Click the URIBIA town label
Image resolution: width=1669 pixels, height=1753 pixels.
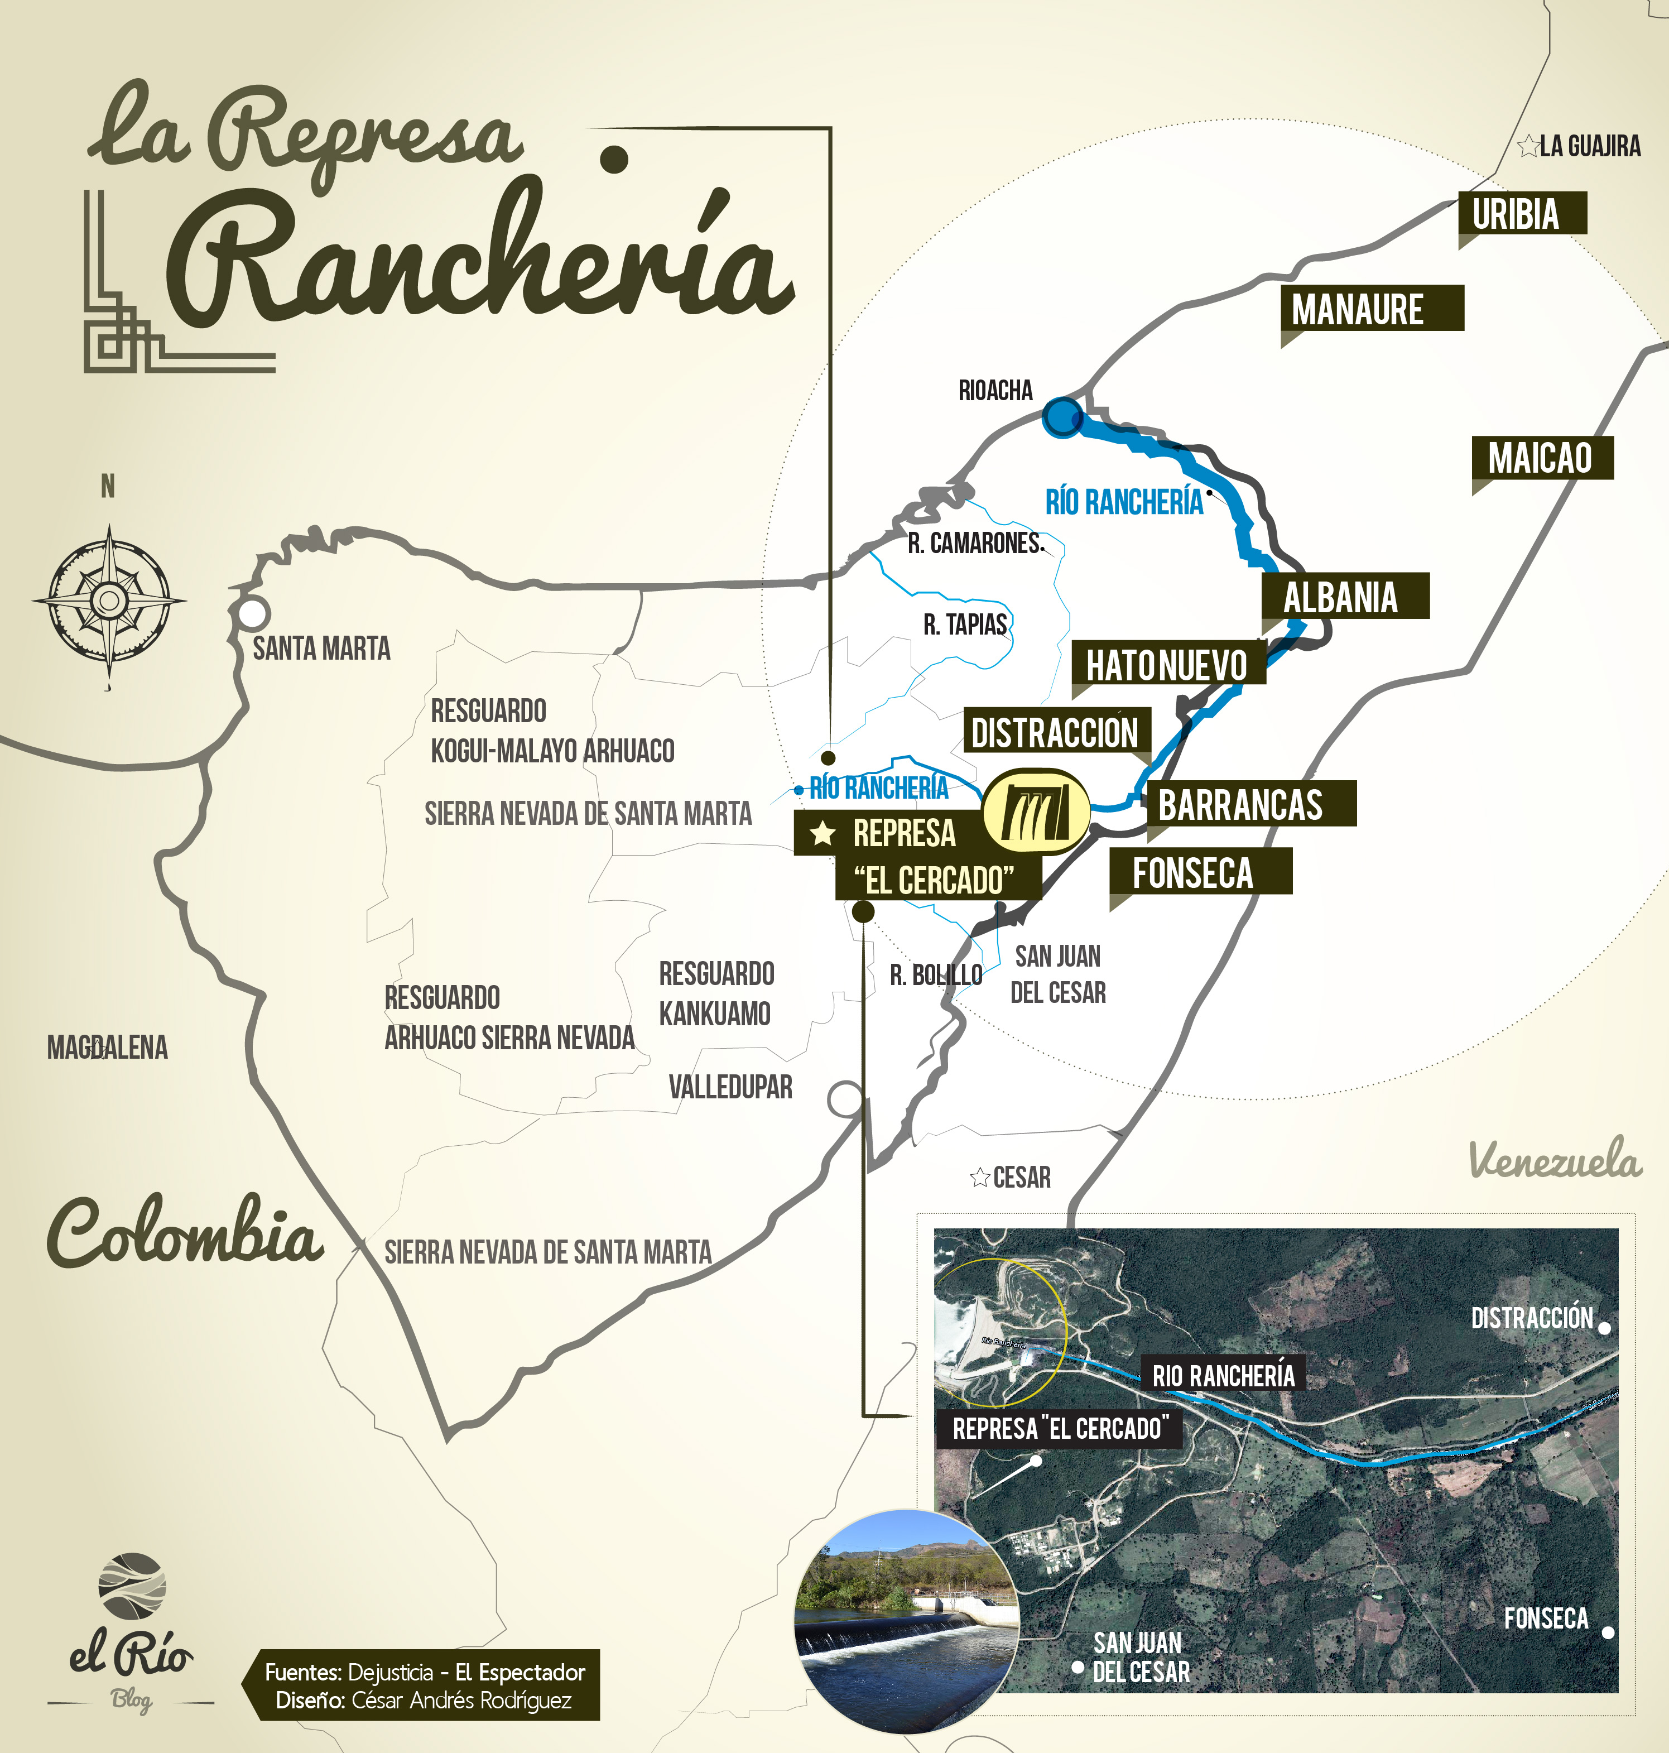[1521, 214]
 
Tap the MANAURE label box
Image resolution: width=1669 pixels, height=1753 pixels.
[1371, 309]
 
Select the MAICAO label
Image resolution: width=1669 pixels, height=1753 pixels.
[1541, 458]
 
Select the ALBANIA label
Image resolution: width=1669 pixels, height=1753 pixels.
[1343, 596]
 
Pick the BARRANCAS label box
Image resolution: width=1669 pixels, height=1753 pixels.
[1249, 804]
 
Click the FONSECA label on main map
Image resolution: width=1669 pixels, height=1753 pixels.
[1199, 871]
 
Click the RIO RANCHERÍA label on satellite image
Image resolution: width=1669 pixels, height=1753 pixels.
[1223, 1375]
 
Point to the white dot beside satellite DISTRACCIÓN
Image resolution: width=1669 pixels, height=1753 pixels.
[1604, 1328]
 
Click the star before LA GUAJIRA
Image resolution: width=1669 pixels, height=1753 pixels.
[1527, 146]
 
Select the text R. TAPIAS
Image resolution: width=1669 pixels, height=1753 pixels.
[964, 625]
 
